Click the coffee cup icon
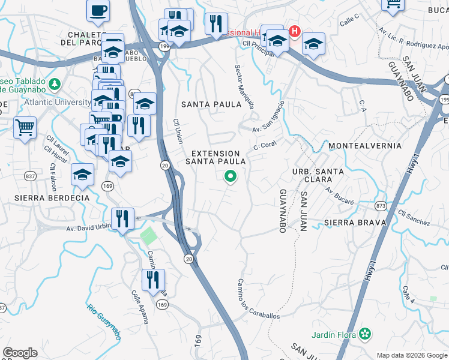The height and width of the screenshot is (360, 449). tap(98, 10)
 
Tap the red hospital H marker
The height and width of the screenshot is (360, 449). tap(295, 31)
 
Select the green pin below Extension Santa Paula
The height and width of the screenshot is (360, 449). tap(229, 176)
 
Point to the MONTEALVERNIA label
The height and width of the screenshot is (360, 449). tap(365, 146)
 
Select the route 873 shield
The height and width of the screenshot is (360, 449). tap(380, 206)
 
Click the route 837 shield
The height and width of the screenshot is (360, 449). tap(30, 175)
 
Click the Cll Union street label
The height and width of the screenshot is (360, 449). tap(178, 130)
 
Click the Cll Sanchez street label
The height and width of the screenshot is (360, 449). tap(414, 218)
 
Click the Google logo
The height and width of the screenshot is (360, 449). tap(20, 353)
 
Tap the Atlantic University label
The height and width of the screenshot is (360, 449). tap(58, 102)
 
